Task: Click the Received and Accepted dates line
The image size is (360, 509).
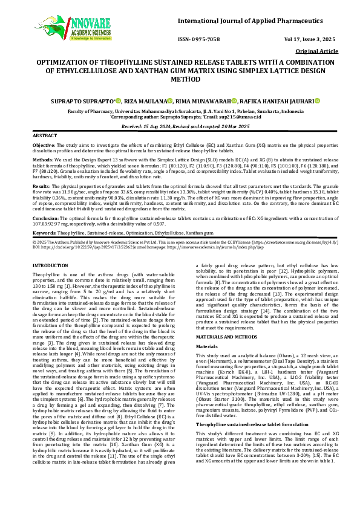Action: click(180, 126)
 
